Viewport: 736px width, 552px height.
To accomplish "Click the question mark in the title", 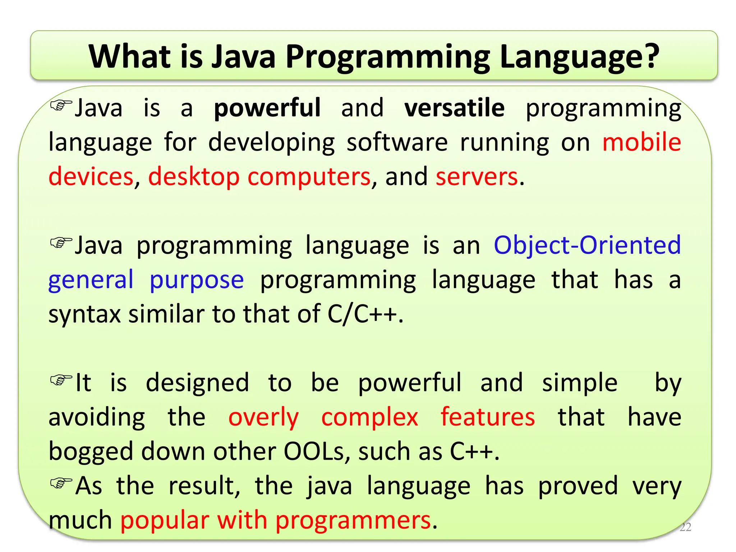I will [x=649, y=56].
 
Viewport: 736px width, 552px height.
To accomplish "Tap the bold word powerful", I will [x=267, y=108].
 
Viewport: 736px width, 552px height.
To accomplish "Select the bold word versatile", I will [x=454, y=108].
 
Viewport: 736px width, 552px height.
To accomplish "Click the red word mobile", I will [x=641, y=142].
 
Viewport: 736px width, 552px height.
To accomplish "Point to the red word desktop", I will [x=194, y=177].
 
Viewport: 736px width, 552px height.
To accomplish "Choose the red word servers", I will [x=477, y=177].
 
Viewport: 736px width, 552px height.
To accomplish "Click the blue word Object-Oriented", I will [x=587, y=245].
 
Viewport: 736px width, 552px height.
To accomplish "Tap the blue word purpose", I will [x=197, y=280].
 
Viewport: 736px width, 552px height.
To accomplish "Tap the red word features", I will [x=488, y=417].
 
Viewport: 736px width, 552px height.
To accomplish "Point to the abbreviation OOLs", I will [x=314, y=451].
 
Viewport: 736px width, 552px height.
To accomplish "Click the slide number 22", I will [x=685, y=527].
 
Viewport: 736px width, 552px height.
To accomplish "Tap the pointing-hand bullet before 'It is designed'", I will [x=61, y=380].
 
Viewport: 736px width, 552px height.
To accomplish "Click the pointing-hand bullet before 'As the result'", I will [x=61, y=483].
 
